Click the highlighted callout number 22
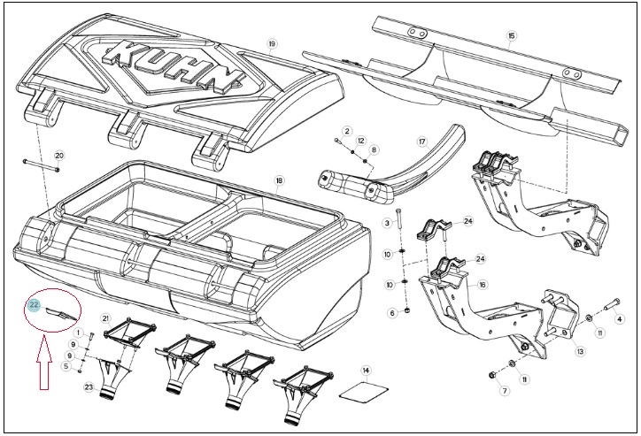pos(34,304)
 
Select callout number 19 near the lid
pos(273,43)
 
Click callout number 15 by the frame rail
pos(512,36)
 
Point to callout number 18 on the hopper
pos(280,180)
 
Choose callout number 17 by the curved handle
pos(422,142)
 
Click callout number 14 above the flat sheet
pos(366,371)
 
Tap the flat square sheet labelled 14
pos(364,392)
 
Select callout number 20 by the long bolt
pos(59,156)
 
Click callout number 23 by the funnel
pos(89,387)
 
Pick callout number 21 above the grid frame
pos(106,318)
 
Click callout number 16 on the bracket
pos(483,285)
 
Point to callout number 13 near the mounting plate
pos(581,351)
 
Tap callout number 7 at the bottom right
pos(505,391)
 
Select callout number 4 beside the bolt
pos(620,319)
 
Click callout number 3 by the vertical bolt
pos(387,223)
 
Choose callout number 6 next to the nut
pos(392,313)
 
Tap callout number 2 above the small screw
pos(347,131)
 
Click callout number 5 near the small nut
pos(66,367)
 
